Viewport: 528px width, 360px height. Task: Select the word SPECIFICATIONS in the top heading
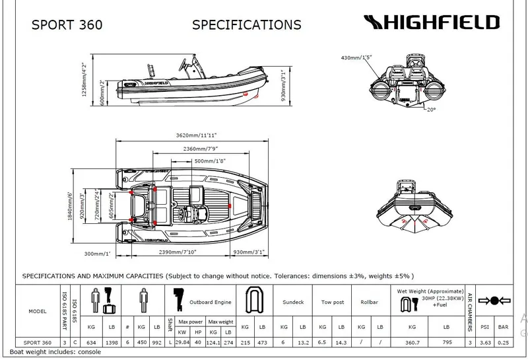coord(246,26)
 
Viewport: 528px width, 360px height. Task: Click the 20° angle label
coord(431,110)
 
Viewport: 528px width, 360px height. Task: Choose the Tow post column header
coord(331,302)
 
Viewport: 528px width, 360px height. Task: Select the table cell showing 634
coord(90,343)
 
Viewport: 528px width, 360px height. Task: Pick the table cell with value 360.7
coord(412,343)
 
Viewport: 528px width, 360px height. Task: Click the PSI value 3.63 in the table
coord(484,343)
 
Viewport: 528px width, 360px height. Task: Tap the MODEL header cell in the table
coord(38,310)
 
